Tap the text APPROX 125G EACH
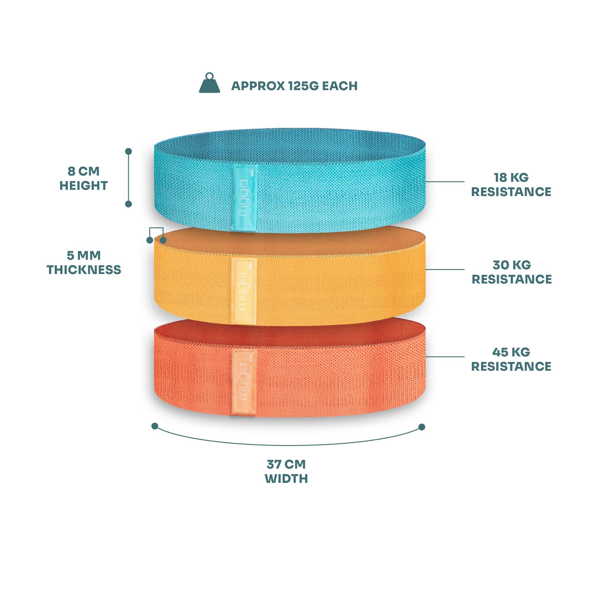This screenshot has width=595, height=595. pyautogui.click(x=294, y=86)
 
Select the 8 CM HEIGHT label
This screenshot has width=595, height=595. pyautogui.click(x=84, y=178)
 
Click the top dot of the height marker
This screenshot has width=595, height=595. pyautogui.click(x=129, y=151)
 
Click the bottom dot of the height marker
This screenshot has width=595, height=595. pyautogui.click(x=129, y=204)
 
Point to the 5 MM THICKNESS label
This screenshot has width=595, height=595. pyautogui.click(x=84, y=263)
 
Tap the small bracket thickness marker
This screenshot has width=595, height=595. pyautogui.click(x=156, y=235)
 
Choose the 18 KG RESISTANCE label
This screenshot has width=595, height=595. pyautogui.click(x=511, y=184)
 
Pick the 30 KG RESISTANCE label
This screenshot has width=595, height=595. pyautogui.click(x=511, y=272)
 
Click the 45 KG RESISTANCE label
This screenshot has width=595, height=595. pyautogui.click(x=511, y=359)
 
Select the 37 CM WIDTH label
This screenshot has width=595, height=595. pyautogui.click(x=286, y=472)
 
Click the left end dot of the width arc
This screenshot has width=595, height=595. pyautogui.click(x=155, y=426)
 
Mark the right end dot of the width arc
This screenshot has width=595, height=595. pyautogui.click(x=422, y=427)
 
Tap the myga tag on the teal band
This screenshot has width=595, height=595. pyautogui.click(x=245, y=197)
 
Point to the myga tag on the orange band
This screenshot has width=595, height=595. pyautogui.click(x=245, y=382)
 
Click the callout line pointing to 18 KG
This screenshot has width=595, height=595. pyautogui.click(x=445, y=181)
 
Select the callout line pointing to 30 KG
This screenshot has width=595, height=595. pyautogui.click(x=445, y=269)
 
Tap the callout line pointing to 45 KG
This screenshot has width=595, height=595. pyautogui.click(x=445, y=357)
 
